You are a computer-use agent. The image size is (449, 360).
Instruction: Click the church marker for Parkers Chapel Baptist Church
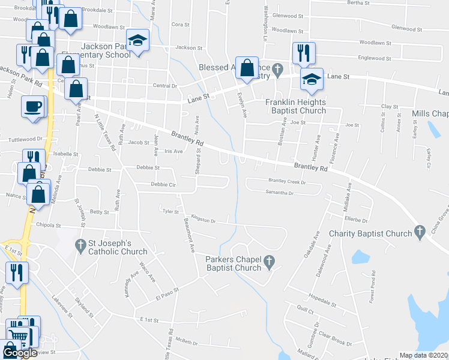click(269, 262)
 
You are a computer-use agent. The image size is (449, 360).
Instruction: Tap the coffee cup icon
click(32, 106)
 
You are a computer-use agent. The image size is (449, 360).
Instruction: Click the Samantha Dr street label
click(279, 193)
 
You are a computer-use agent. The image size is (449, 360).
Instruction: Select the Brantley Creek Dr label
click(287, 181)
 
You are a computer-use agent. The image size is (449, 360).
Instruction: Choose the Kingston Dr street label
click(203, 220)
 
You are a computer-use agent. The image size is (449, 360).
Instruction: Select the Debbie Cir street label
click(163, 185)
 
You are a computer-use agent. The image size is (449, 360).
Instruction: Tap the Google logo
click(20, 353)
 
